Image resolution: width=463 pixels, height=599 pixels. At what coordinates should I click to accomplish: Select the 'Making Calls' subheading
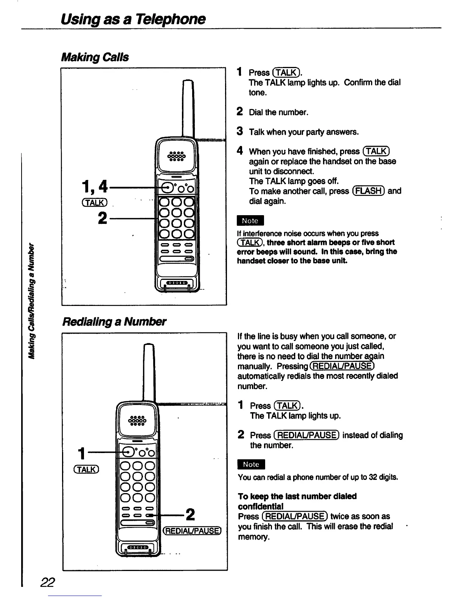click(95, 57)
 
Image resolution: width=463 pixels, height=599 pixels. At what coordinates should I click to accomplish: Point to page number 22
click(48, 582)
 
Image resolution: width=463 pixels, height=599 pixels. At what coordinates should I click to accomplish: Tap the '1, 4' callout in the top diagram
click(95, 186)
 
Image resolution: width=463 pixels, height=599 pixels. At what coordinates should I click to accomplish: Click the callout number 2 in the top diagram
click(102, 218)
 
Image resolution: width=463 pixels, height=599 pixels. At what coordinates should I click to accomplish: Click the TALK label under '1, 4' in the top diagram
click(96, 203)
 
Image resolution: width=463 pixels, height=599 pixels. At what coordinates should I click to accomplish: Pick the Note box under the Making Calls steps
click(250, 220)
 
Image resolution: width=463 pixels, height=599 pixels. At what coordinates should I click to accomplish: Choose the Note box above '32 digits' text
click(251, 464)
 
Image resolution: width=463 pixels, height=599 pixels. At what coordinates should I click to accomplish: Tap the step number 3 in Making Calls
click(239, 132)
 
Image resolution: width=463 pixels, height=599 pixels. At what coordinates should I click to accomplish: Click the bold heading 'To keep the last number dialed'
click(297, 496)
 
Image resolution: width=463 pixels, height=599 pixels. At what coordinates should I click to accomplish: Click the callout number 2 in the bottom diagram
click(190, 514)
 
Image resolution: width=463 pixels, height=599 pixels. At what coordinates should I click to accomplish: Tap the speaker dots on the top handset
click(177, 156)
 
